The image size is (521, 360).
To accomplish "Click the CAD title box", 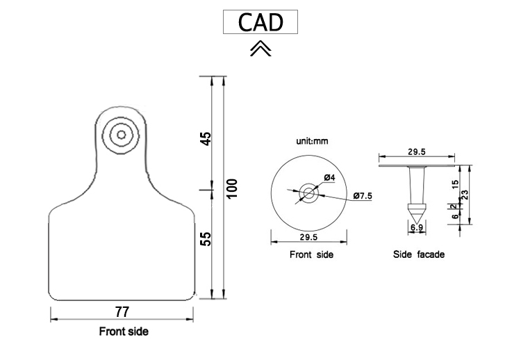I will (x=260, y=22).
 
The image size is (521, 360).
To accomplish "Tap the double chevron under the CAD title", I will (x=260, y=48).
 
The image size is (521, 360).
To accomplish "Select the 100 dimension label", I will (x=233, y=188).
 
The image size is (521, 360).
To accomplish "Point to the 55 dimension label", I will (x=206, y=238).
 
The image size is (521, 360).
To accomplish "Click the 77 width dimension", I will (x=122, y=311).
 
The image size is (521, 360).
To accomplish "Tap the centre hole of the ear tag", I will (x=122, y=135).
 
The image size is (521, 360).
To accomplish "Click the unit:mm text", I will (x=312, y=141).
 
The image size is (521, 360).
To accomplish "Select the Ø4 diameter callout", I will (x=329, y=179).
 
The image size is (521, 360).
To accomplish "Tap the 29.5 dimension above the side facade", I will (x=416, y=152).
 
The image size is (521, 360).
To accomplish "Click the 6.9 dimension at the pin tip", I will (x=417, y=228).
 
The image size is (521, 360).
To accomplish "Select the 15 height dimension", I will (x=455, y=185).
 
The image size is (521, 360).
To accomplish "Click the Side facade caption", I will (x=418, y=255).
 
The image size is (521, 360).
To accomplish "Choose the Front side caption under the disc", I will (x=311, y=255).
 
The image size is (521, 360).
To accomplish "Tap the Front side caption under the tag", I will (x=124, y=332).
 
